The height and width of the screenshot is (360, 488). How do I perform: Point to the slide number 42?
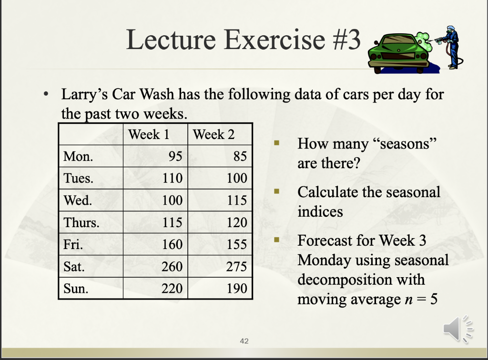(244, 341)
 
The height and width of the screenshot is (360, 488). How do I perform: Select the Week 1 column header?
(149, 134)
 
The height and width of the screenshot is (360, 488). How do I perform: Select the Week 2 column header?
(213, 134)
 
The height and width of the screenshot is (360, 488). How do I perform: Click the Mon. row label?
(78, 156)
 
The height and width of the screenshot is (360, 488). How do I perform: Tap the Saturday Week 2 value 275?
(236, 266)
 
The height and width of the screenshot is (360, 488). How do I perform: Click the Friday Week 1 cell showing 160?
(172, 244)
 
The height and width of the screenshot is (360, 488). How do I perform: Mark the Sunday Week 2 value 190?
(236, 288)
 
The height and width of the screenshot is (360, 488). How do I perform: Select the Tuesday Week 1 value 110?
(172, 178)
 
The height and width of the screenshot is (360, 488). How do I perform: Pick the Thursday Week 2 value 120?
(236, 222)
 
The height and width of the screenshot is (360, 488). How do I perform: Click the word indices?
(320, 211)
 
